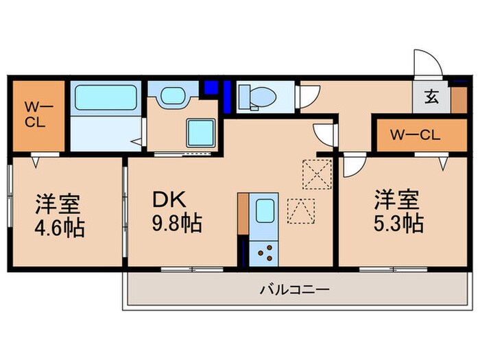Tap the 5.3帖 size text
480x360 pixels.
tap(397, 223)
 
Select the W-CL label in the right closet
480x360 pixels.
tap(413, 134)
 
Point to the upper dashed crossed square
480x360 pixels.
tap(317, 173)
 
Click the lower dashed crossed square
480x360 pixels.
tap(301, 211)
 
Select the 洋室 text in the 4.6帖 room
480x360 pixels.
tap(58, 204)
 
